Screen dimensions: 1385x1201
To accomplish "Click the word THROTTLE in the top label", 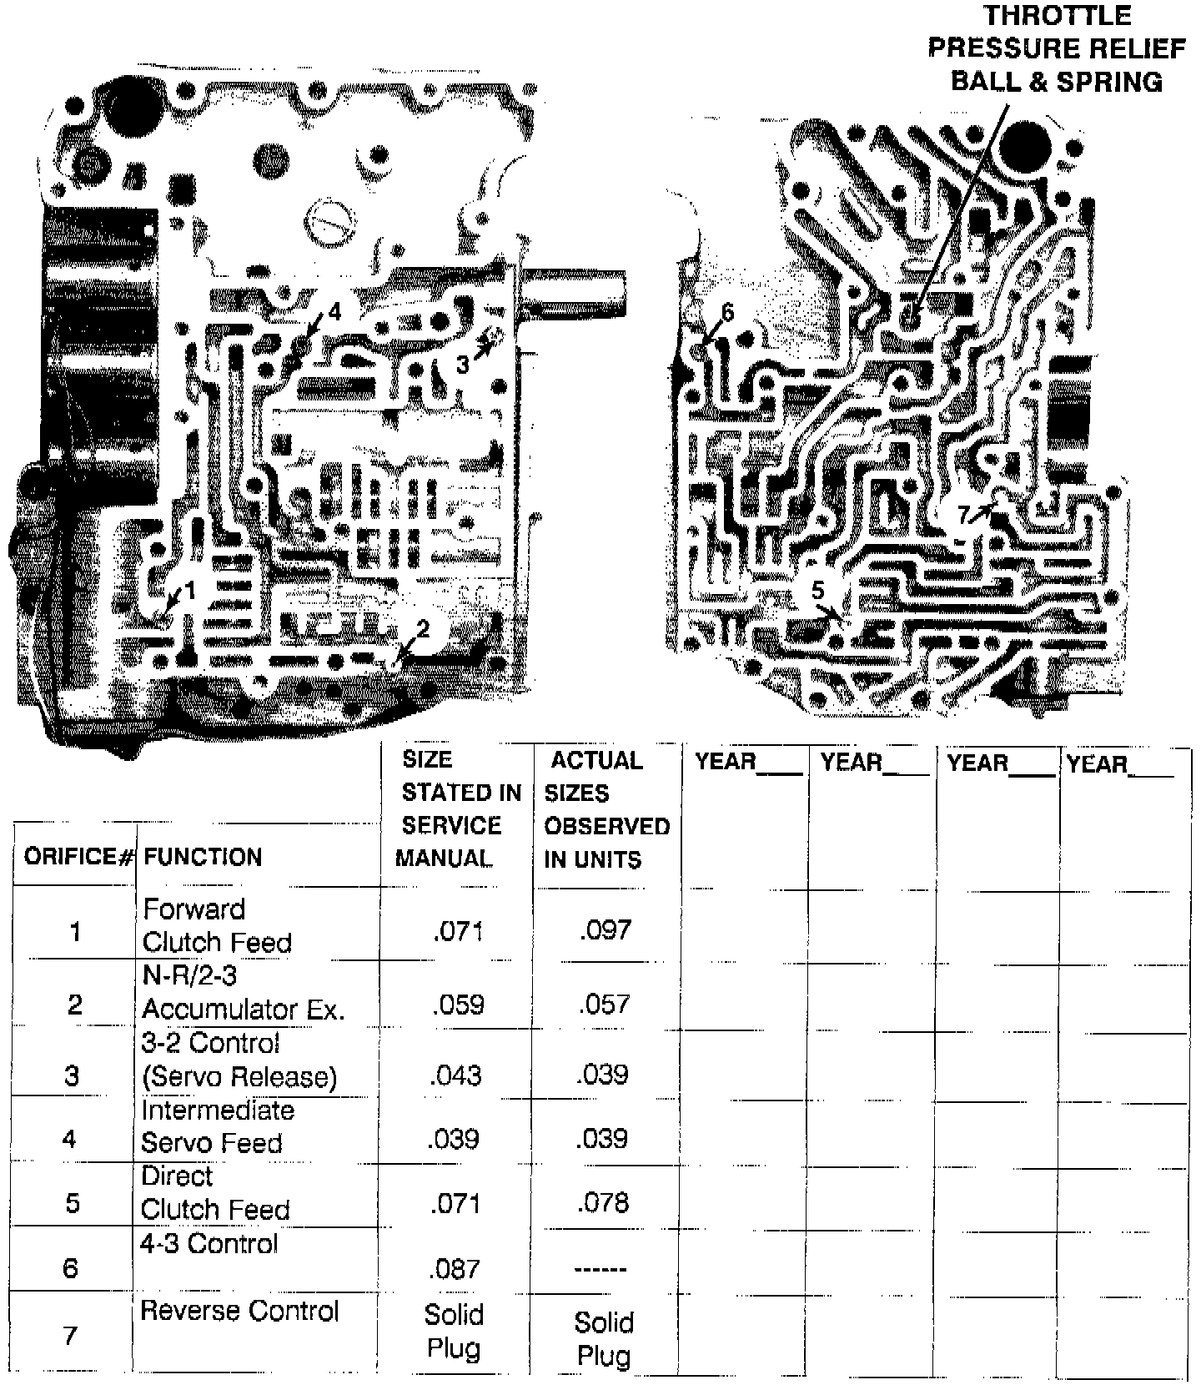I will (1058, 16).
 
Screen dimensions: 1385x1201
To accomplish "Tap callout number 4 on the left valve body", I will (334, 312).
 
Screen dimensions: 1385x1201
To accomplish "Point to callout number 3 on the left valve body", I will (463, 365).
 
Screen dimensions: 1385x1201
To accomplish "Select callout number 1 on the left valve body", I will (190, 591).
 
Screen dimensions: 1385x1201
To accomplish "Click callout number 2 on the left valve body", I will (423, 629).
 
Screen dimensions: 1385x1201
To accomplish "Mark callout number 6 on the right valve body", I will (727, 313).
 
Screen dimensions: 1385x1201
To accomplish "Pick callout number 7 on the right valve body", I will (964, 515).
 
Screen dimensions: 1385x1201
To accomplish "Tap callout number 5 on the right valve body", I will (818, 591).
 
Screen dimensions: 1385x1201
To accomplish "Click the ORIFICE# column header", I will (78, 857).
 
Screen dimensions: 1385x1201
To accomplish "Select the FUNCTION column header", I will (203, 857).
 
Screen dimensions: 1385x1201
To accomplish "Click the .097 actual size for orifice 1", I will (605, 930).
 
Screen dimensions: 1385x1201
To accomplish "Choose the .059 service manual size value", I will (458, 1004).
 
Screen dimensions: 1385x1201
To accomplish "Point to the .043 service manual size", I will (455, 1075).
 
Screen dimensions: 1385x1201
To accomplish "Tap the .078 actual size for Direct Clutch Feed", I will (602, 1202).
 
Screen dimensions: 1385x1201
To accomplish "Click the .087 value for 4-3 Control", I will (455, 1269).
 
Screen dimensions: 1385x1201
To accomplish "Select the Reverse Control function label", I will (239, 1311).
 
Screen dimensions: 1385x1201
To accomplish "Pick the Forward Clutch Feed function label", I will (216, 925).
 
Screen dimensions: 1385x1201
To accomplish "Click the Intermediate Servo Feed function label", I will (217, 1126).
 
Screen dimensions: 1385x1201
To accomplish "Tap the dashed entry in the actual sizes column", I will (600, 1270).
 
